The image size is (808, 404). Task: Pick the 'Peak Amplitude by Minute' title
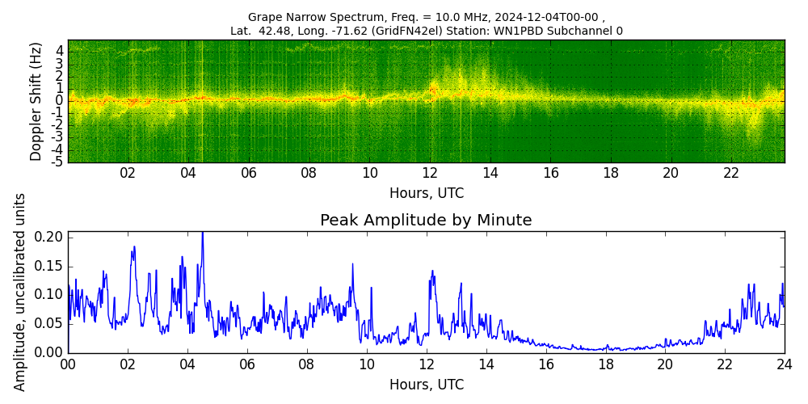click(426, 221)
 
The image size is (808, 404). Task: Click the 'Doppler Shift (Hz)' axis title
click(36, 102)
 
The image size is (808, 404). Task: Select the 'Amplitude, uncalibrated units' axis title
click(20, 292)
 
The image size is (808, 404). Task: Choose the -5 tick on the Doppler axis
click(59, 162)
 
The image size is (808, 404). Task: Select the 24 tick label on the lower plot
click(784, 364)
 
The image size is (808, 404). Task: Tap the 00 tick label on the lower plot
click(68, 364)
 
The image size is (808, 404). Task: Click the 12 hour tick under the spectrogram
click(430, 173)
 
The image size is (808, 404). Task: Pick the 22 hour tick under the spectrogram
click(731, 173)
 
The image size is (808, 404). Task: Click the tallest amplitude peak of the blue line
click(202, 234)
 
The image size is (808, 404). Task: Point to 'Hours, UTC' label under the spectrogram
click(426, 193)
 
